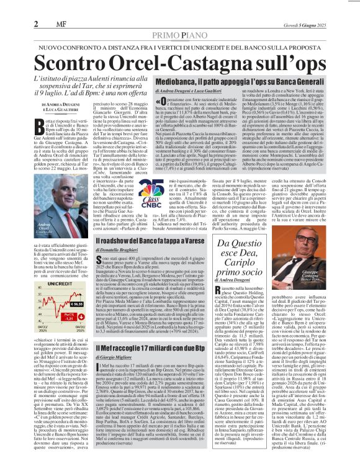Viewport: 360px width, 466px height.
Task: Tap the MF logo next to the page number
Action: (x=27, y=8)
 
